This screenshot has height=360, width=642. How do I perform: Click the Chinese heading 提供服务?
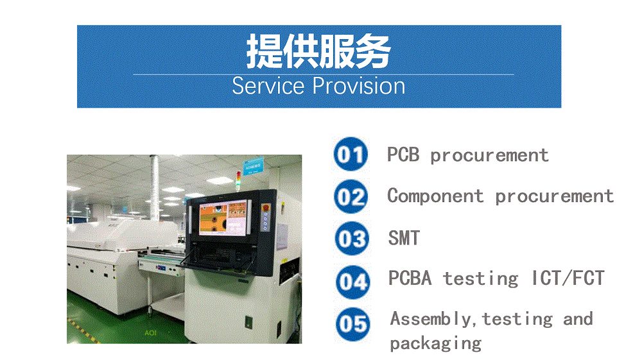click(318, 51)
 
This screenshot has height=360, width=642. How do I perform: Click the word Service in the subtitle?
click(268, 86)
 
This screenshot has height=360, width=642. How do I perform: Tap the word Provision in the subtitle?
click(359, 86)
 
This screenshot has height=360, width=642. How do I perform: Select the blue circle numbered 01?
click(351, 154)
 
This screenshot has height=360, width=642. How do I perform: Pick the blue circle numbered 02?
click(351, 196)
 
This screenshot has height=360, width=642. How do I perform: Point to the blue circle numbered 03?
click(352, 239)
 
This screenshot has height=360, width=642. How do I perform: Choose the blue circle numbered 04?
click(352, 282)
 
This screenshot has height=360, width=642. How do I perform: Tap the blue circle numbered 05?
click(353, 324)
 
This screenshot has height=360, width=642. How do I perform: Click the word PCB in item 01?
click(403, 155)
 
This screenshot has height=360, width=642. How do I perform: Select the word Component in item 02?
click(435, 196)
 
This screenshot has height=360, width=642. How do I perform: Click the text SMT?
click(404, 238)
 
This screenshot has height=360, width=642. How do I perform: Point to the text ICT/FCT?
click(568, 279)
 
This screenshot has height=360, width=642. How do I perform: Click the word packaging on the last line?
click(436, 344)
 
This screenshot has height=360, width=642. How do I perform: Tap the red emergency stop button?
click(265, 208)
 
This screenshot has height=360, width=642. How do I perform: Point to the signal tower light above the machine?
click(238, 181)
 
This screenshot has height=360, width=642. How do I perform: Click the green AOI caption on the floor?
click(150, 333)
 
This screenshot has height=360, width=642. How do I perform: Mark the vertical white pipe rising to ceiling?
click(154, 188)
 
